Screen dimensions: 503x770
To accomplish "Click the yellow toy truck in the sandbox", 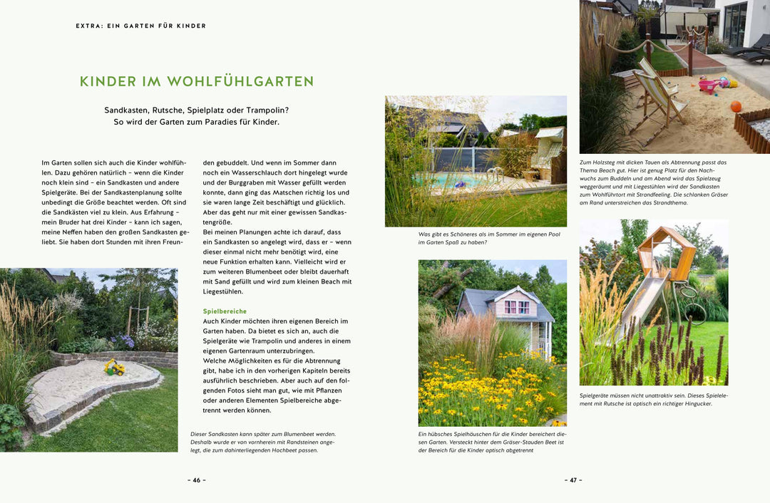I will click(115, 368).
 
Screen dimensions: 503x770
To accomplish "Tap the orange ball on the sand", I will click(736, 107).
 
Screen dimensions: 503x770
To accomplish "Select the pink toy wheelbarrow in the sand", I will click(710, 85).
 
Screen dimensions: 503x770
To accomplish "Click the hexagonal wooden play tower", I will click(664, 253).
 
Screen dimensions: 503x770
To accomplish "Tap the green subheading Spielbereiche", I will click(225, 311).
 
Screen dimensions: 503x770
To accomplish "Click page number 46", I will click(197, 480).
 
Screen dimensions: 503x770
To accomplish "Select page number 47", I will click(573, 480).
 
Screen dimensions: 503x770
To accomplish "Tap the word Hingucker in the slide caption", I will click(697, 404).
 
